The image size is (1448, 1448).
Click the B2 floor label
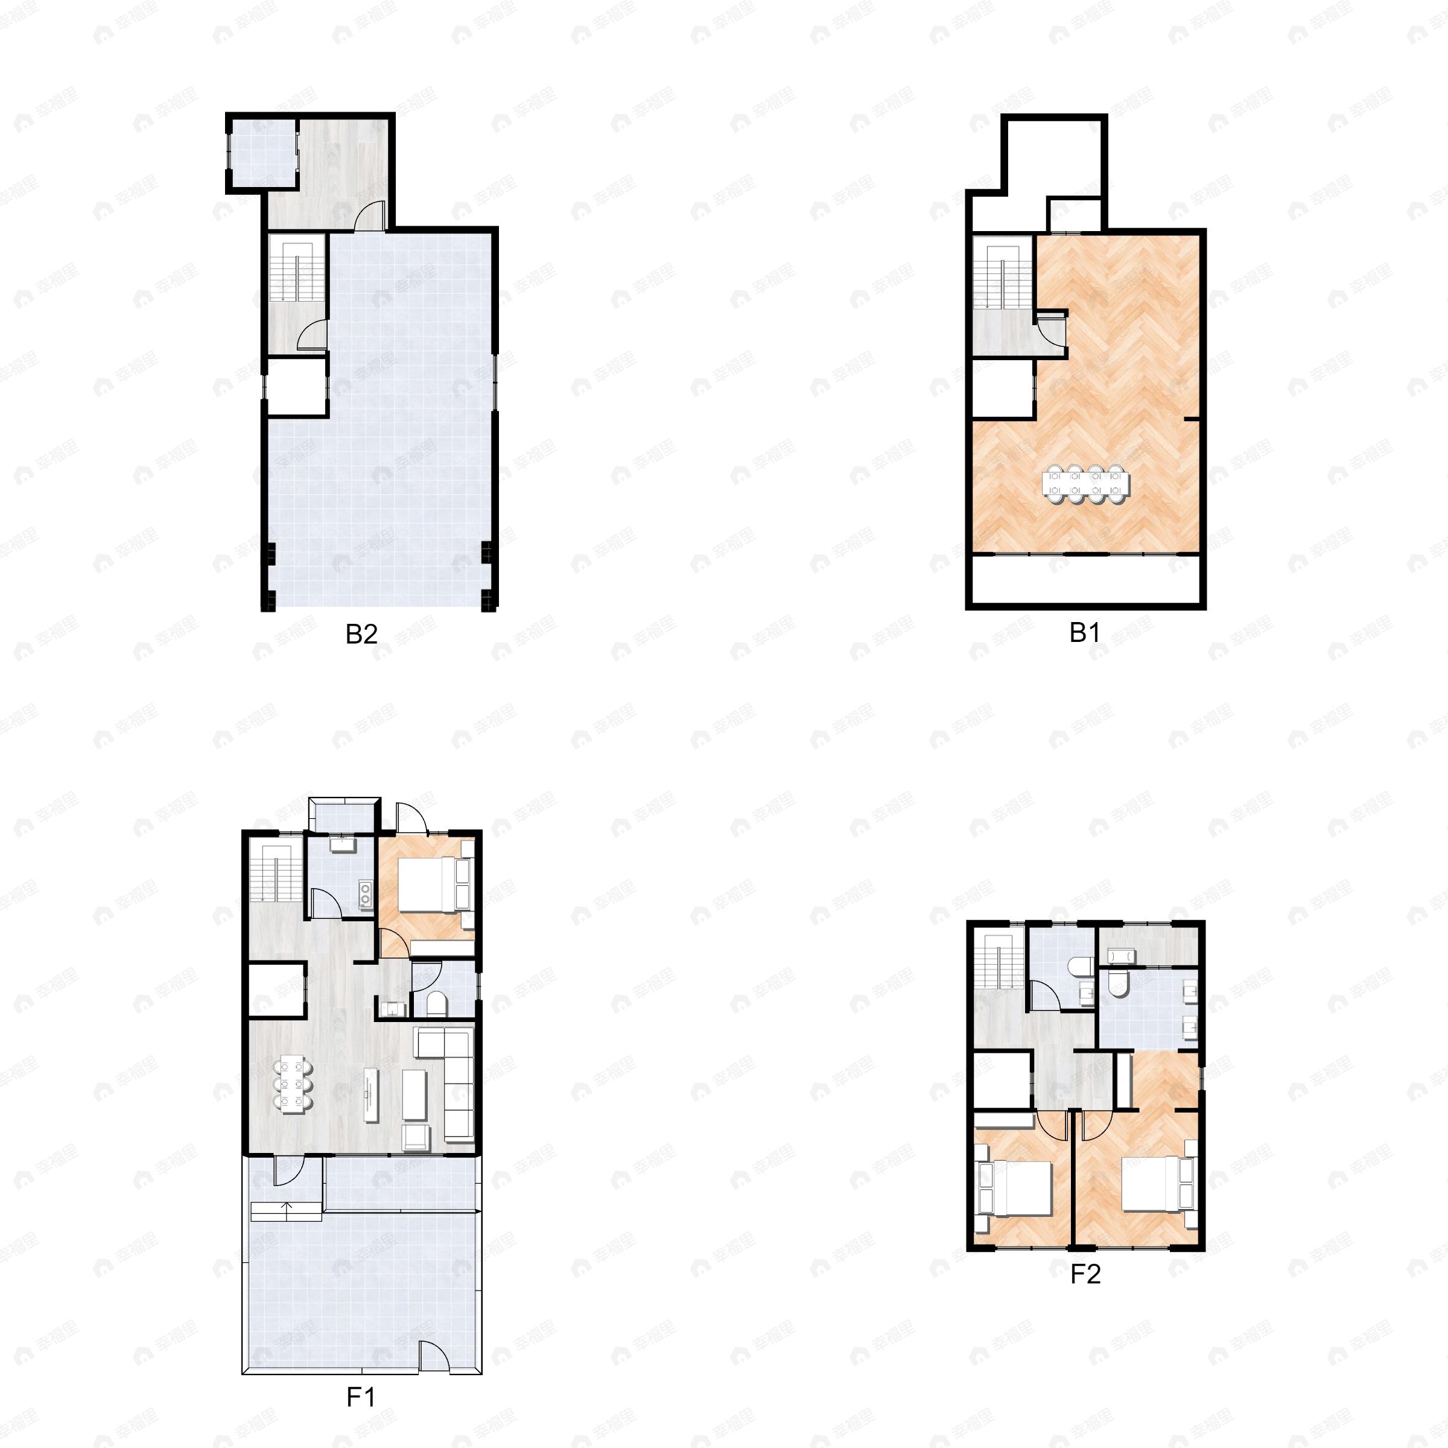361,635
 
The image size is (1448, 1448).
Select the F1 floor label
361,1397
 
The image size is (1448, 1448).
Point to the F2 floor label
1085,1274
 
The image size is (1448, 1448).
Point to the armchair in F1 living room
416,1136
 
